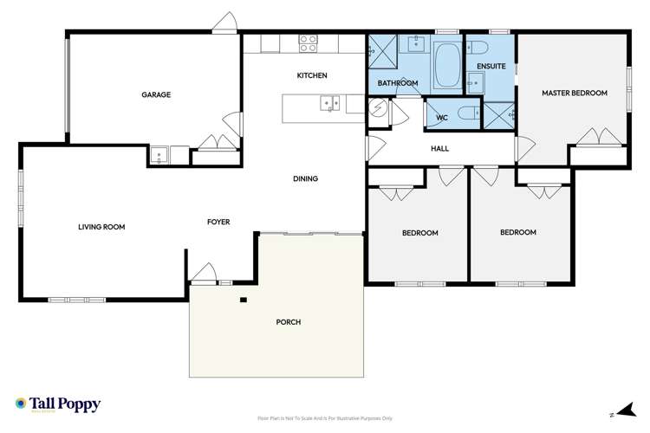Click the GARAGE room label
tap(156, 94)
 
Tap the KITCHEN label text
tap(312, 76)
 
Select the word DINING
tap(305, 179)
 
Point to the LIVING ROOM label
tap(101, 227)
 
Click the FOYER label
tap(218, 223)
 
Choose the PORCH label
tap(288, 322)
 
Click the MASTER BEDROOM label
tap(575, 93)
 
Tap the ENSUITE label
tap(491, 66)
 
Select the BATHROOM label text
tap(398, 83)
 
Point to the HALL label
tap(439, 149)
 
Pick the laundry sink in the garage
tap(159, 156)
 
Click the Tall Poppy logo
tap(57, 404)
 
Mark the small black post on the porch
tap(244, 301)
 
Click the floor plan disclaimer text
tap(325, 417)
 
